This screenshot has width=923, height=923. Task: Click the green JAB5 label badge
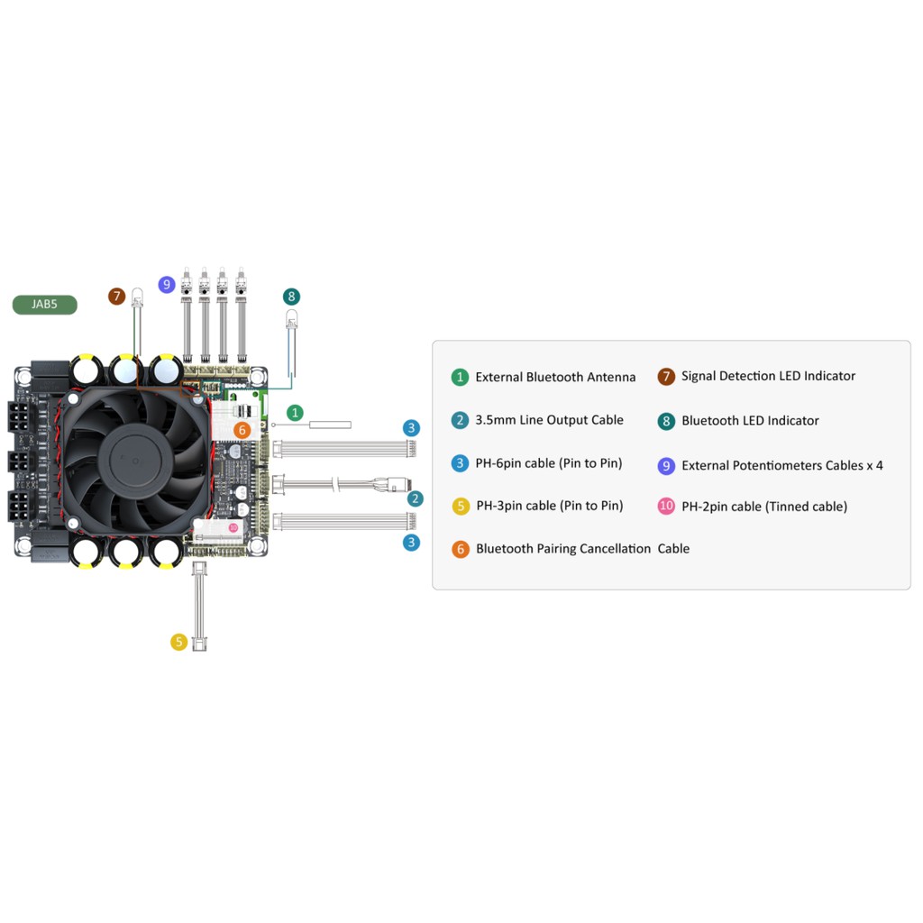pyautogui.click(x=45, y=305)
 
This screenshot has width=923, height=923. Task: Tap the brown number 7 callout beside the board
pyautogui.click(x=117, y=296)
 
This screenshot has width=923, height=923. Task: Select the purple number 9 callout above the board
pyautogui.click(x=167, y=285)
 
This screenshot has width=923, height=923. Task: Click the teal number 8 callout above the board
pyautogui.click(x=291, y=297)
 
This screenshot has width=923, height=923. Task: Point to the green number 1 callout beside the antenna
pyautogui.click(x=295, y=413)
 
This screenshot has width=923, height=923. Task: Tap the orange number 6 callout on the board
pyautogui.click(x=242, y=430)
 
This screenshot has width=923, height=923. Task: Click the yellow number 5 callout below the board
pyautogui.click(x=179, y=642)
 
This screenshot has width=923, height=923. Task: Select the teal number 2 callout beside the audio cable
pyautogui.click(x=416, y=499)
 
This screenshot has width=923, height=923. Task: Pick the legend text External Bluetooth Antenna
pyautogui.click(x=555, y=378)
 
